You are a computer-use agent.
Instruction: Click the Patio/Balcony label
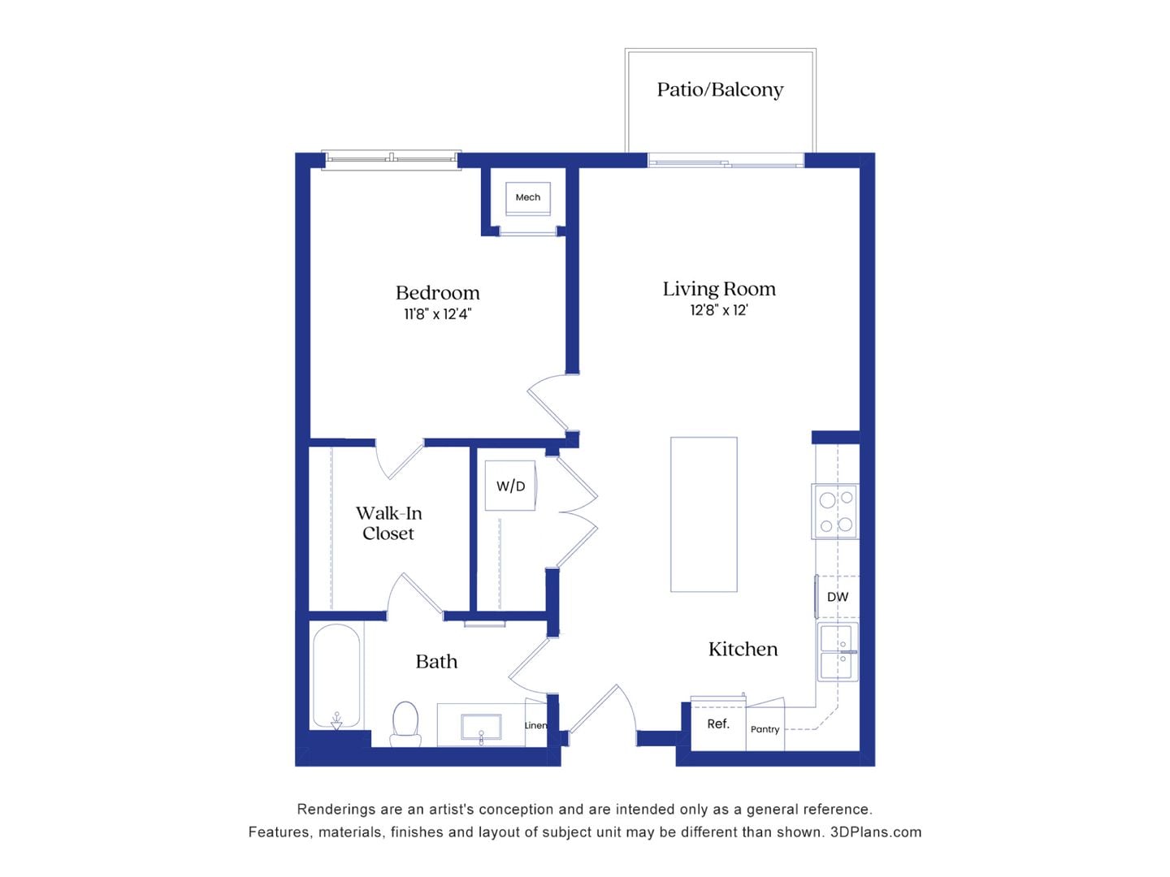[x=720, y=89]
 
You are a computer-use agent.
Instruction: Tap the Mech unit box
[x=528, y=197]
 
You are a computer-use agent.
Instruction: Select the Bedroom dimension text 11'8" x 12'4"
[x=437, y=314]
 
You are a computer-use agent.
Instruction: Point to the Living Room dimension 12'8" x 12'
[x=718, y=310]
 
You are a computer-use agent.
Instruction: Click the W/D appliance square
[x=510, y=486]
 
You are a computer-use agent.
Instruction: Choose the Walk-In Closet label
[x=388, y=523]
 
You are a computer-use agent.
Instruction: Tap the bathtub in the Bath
[x=336, y=676]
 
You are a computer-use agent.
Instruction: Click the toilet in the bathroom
[x=405, y=724]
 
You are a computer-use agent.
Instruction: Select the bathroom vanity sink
[x=481, y=727]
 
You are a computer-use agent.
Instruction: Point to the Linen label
[x=535, y=725]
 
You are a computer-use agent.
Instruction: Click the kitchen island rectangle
[x=704, y=514]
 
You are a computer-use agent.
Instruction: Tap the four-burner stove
[x=835, y=512]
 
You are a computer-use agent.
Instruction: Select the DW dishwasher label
[x=837, y=597]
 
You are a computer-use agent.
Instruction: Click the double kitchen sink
[x=837, y=652]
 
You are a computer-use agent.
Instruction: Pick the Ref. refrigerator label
[x=717, y=724]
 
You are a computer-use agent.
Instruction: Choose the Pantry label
[x=765, y=729]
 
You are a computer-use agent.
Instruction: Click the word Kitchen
[x=743, y=649]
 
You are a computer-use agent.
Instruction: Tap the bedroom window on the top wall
[x=391, y=158]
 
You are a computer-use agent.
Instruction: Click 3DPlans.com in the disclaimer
[x=875, y=832]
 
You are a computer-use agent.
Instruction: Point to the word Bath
[x=436, y=662]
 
